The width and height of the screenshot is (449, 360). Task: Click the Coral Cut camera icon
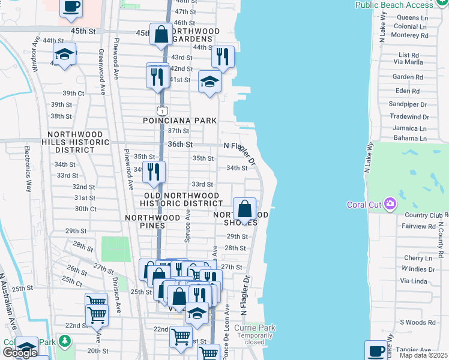coord(391,205)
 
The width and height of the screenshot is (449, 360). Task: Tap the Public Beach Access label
coord(402,5)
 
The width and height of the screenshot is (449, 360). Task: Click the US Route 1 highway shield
coord(161,110)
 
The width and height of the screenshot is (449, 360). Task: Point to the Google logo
coord(20,353)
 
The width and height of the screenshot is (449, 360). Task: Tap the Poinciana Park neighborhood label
coord(179,121)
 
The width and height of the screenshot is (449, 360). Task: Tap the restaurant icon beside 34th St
coord(154,172)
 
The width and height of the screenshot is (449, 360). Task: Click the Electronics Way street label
coord(28,167)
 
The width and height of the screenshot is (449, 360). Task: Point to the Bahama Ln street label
coord(409,139)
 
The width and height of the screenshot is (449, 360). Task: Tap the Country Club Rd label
coord(426,215)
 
